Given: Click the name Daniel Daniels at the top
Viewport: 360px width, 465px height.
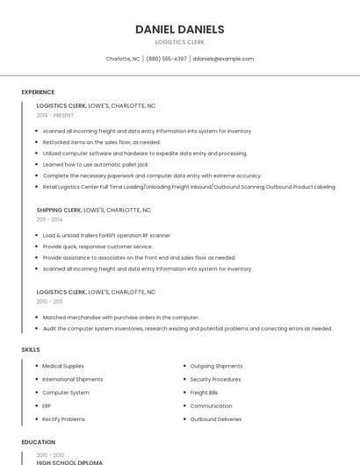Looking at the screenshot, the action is [x=180, y=29].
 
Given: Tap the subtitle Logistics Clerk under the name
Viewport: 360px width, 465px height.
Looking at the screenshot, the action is [x=180, y=42].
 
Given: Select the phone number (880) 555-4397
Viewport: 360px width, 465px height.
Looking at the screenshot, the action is [x=166, y=59].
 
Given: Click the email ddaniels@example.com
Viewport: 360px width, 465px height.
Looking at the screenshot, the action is [x=223, y=59].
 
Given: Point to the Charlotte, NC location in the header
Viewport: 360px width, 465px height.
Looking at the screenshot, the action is [x=123, y=59].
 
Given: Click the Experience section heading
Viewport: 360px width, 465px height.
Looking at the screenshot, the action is [x=38, y=92].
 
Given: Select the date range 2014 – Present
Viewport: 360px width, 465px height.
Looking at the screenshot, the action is [x=55, y=115].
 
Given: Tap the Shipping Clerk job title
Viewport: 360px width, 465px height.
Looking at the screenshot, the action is [x=59, y=211].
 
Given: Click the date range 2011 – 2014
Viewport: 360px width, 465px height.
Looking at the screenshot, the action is [x=49, y=219].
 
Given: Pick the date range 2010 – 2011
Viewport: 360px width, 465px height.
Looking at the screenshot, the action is [x=49, y=301].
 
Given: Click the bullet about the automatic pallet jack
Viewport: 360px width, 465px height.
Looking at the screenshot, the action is [x=96, y=164].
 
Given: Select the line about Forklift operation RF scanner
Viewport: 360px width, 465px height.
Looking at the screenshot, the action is [x=106, y=235].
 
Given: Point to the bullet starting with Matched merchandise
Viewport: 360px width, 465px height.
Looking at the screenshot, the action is [x=120, y=317].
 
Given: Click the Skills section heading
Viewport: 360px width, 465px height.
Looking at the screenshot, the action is [x=31, y=349].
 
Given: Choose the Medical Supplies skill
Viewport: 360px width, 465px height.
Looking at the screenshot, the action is [x=63, y=366].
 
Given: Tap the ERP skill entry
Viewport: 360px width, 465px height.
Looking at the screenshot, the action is [x=47, y=406].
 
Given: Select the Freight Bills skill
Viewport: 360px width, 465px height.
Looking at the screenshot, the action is [x=205, y=393].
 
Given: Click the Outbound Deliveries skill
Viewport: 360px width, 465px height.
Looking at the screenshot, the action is [x=216, y=419].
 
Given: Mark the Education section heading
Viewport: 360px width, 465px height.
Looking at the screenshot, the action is [x=39, y=442].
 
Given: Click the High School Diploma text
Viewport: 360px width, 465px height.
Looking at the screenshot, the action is [x=69, y=461].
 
